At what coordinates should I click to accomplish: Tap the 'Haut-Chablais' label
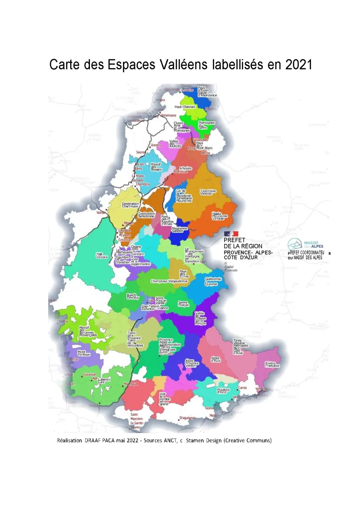(184, 107)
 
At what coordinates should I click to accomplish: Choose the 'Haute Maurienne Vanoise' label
(220, 216)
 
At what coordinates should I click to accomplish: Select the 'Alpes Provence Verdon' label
(192, 364)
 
